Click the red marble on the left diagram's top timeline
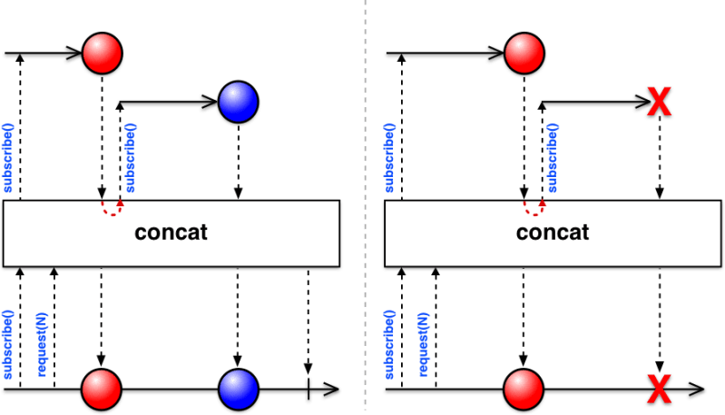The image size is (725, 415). (103, 54)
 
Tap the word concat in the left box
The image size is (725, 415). (171, 232)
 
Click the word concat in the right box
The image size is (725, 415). (553, 232)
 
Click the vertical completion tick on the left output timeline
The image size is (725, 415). (309, 391)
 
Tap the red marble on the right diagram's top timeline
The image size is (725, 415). (524, 54)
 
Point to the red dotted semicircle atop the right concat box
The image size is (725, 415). (535, 208)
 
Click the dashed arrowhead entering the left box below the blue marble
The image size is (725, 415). (238, 193)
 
